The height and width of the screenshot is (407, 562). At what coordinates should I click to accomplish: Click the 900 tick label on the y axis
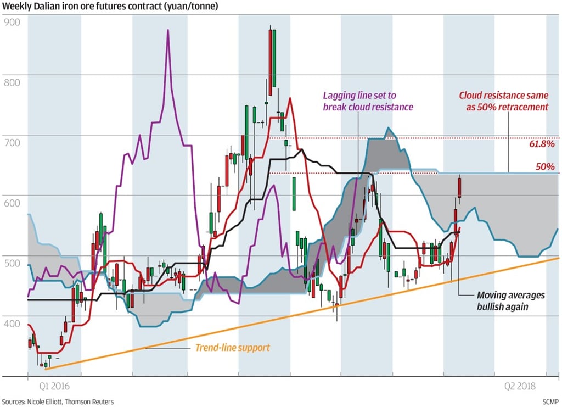tap(12, 23)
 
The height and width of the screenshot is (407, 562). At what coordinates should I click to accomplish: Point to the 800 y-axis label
tap(12, 83)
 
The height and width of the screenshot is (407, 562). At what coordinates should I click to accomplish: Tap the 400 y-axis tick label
tap(12, 324)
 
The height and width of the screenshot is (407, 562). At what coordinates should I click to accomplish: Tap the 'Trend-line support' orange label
tap(233, 348)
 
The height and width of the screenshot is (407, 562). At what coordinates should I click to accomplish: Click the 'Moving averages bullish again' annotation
tap(510, 301)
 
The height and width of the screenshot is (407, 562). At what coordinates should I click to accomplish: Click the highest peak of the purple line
tap(168, 30)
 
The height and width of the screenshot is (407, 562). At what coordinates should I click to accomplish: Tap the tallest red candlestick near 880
tap(270, 55)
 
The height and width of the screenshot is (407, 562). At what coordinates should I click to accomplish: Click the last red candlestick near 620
tap(459, 187)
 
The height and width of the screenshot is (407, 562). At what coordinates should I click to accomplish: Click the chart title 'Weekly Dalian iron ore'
tap(110, 7)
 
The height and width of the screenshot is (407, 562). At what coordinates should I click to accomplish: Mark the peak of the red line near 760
tap(289, 98)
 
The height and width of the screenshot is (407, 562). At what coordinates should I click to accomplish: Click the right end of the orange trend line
tap(558, 257)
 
